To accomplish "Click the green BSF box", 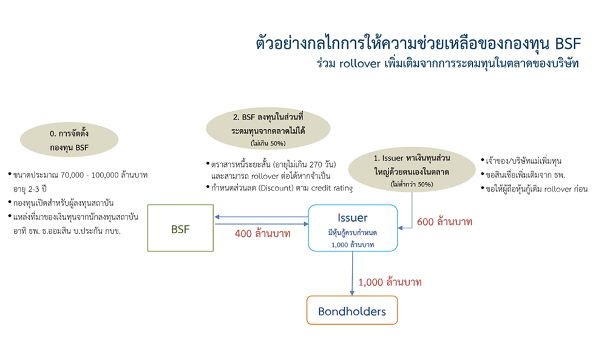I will pyautogui.click(x=180, y=228).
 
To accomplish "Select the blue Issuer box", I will pyautogui.click(x=353, y=228).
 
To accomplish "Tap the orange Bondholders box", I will pyautogui.click(x=352, y=311).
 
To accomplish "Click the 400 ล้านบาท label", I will pyautogui.click(x=263, y=233).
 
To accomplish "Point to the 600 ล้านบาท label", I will pyautogui.click(x=444, y=222).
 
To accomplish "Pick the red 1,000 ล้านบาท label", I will pyautogui.click(x=390, y=282).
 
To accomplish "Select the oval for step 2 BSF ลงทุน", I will pyautogui.click(x=268, y=126).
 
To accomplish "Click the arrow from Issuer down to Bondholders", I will pyautogui.click(x=353, y=273).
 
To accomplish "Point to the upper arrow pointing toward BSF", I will pyautogui.click(x=261, y=217).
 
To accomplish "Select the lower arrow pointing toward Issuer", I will pyautogui.click(x=261, y=223).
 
